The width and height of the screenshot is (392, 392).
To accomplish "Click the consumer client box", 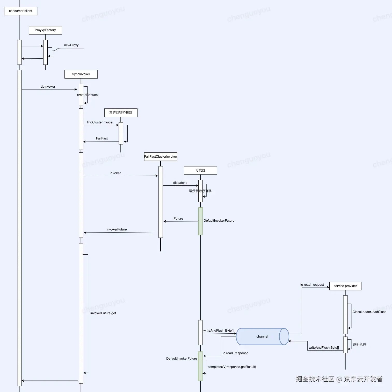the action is (x=21, y=11).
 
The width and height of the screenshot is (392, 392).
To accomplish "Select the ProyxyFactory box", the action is (x=45, y=30).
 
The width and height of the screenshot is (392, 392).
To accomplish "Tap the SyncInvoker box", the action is (x=81, y=74).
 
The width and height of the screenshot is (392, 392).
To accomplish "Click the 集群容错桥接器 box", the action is (x=121, y=113).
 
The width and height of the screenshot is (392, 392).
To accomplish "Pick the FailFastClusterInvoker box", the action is (x=161, y=157).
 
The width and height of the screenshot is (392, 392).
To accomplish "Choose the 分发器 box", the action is (x=200, y=170).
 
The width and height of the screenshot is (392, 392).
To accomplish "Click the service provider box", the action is (x=345, y=286).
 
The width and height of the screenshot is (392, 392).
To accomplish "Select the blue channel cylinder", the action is (x=263, y=337).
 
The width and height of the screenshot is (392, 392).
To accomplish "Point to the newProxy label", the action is (x=71, y=45).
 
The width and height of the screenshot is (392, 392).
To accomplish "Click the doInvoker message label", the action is (x=48, y=87).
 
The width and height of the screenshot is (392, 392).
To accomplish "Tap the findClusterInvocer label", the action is (x=100, y=122).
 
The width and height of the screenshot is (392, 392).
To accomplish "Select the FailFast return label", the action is (x=102, y=138).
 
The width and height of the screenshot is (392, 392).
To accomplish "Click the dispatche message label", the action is (x=180, y=183).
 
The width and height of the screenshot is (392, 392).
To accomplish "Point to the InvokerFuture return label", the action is (x=117, y=229).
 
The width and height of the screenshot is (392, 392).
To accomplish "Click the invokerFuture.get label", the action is (x=103, y=313).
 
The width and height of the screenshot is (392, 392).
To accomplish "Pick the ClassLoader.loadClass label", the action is (x=369, y=312).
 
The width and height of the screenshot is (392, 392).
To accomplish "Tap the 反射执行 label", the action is (x=360, y=345).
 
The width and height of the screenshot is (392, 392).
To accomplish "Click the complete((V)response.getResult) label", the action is (x=232, y=367).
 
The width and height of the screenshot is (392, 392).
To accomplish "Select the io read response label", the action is (x=236, y=353).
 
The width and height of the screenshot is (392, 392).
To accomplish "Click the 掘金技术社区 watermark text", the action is (x=315, y=379).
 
